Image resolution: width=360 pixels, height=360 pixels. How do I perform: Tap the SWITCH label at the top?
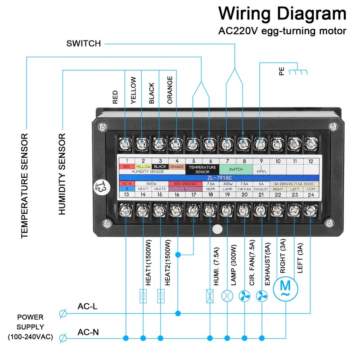click(x=84, y=44)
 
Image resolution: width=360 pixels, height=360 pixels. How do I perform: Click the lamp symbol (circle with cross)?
click(x=227, y=296)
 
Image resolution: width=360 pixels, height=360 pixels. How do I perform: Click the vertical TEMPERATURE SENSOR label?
click(x=25, y=185)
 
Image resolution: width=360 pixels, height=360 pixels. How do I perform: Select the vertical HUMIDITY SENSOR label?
click(x=63, y=174)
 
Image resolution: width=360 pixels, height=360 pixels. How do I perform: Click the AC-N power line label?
click(x=88, y=333)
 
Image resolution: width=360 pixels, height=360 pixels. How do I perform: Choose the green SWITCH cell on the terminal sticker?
click(x=236, y=169)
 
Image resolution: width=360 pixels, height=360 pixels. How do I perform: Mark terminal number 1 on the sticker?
click(x=127, y=161)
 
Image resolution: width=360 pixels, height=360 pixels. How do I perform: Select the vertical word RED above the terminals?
click(x=116, y=98)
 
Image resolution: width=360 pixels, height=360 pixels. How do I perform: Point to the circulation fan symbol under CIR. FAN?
click(x=245, y=296)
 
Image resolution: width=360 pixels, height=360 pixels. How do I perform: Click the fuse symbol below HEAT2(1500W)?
click(x=161, y=296)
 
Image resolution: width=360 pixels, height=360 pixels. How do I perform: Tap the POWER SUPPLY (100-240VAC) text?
click(x=31, y=327)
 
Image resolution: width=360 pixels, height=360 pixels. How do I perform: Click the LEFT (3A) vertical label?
click(x=301, y=262)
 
